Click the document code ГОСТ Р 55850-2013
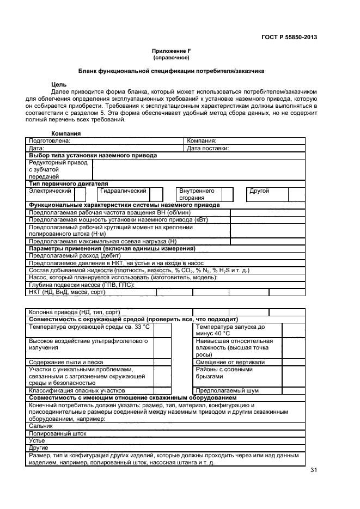[289, 38]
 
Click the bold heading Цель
[59, 85]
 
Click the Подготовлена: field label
[50, 140]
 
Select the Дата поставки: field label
[208, 148]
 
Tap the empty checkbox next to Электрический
[80, 194]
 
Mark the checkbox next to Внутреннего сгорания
[227, 194]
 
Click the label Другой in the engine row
[259, 191]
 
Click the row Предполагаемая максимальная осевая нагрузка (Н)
[103, 241]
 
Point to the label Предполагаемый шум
[227, 391]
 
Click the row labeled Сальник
[41, 426]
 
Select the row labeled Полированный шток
[57, 433]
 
